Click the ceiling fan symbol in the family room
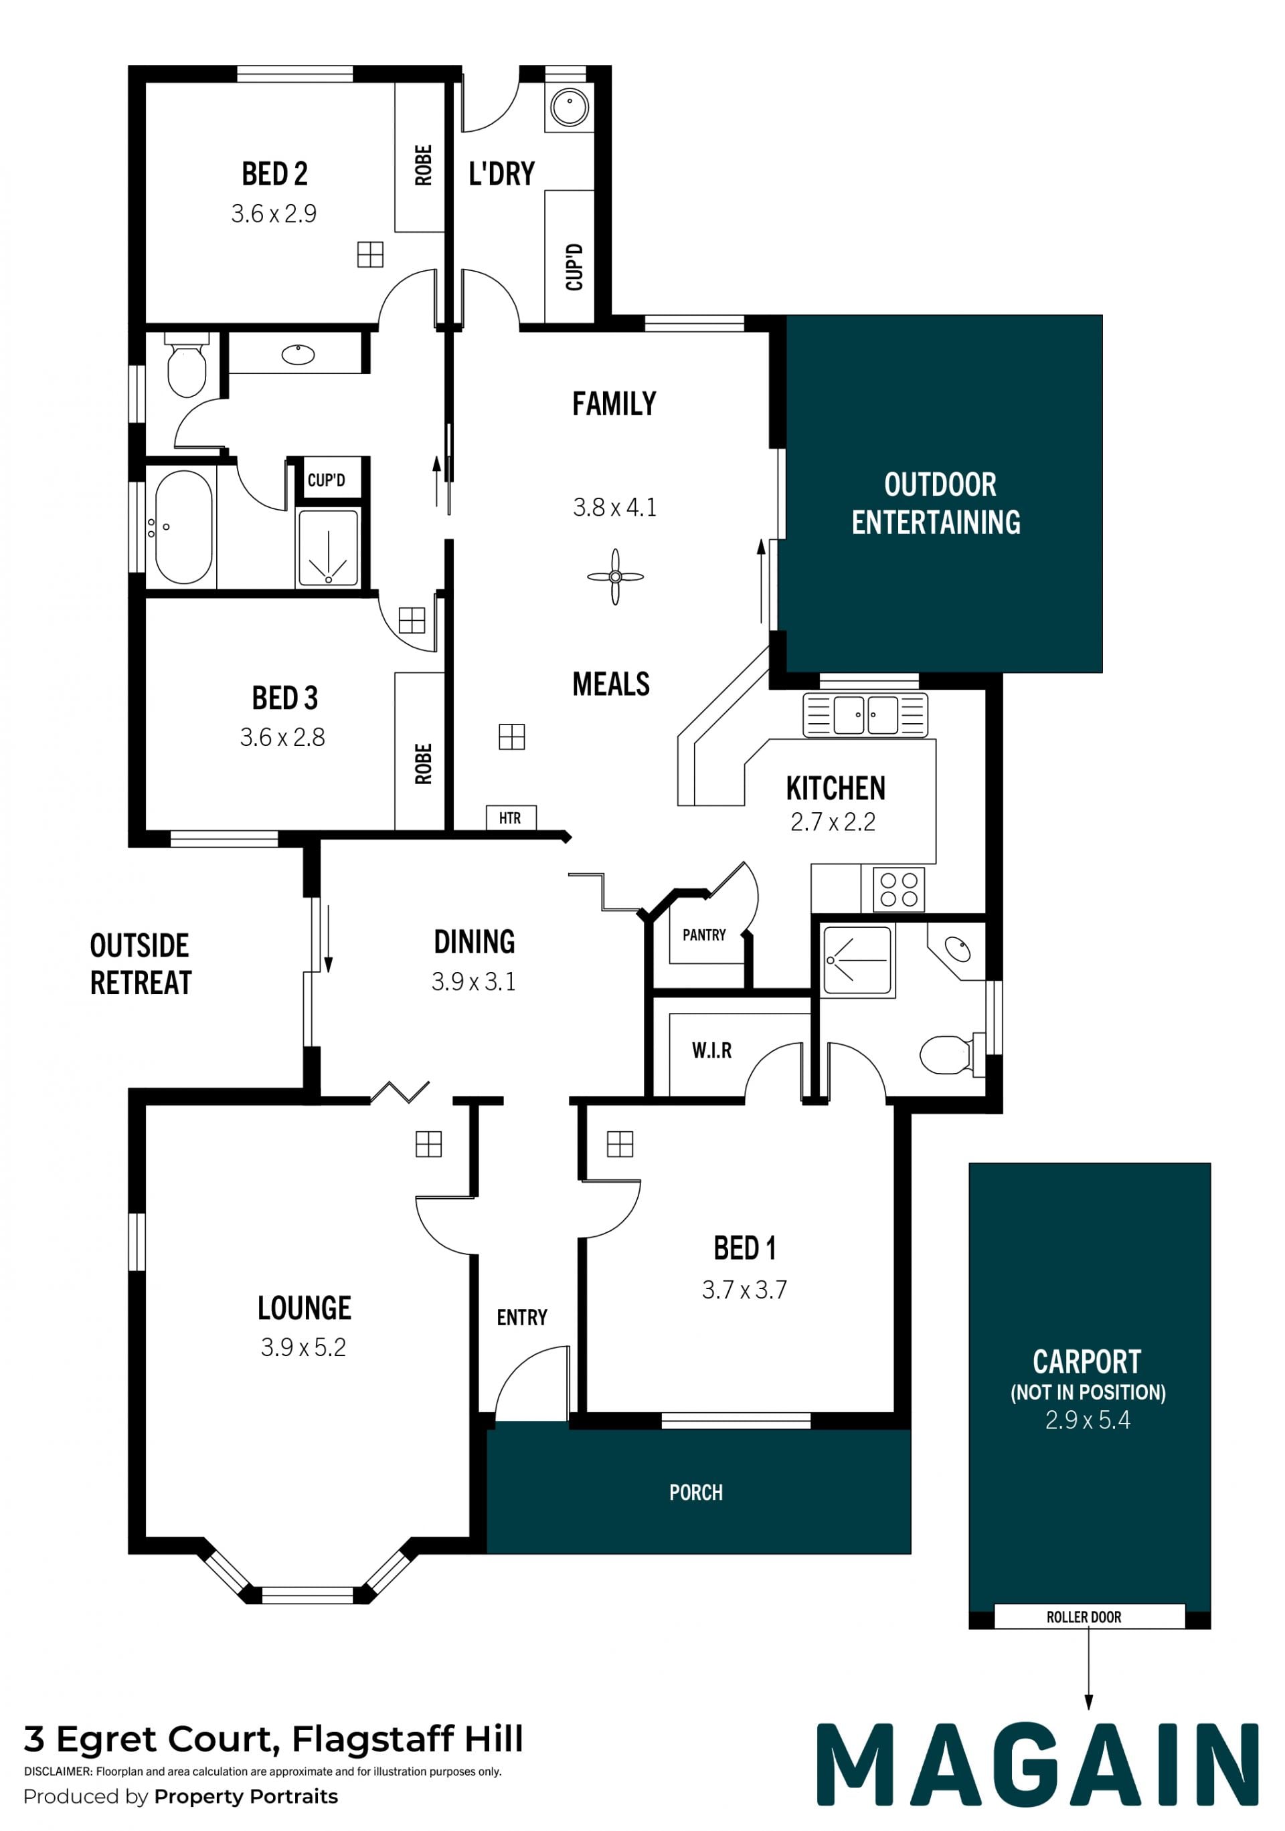click(x=615, y=577)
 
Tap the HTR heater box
click(x=511, y=818)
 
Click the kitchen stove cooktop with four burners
click(x=899, y=889)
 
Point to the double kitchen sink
click(x=865, y=714)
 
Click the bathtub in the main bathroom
click(x=183, y=527)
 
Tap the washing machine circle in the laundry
click(x=570, y=107)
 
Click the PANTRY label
click(x=704, y=935)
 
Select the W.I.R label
click(x=711, y=1050)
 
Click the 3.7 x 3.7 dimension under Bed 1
click(x=744, y=1290)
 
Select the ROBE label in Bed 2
click(x=424, y=165)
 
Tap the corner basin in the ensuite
click(x=957, y=949)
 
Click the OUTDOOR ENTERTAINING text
click(x=936, y=503)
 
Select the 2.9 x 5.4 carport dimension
click(x=1088, y=1420)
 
